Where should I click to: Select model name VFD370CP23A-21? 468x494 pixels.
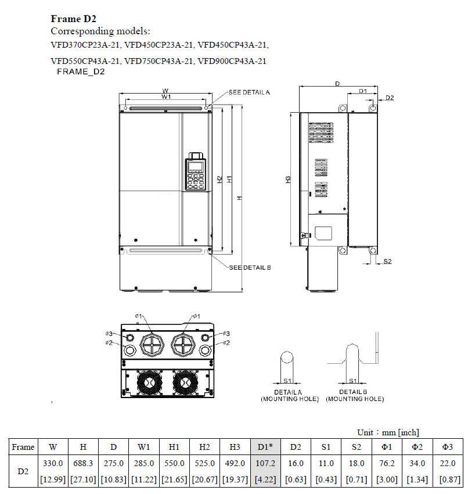(86, 44)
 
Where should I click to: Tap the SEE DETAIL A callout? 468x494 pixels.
(249, 92)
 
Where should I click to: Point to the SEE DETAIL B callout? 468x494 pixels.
(250, 267)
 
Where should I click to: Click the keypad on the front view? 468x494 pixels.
(196, 173)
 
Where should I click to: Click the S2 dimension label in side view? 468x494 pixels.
(387, 262)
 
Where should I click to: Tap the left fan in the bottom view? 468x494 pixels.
(149, 382)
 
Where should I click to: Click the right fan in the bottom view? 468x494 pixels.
(186, 382)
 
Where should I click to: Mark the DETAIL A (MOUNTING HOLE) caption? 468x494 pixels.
(289, 396)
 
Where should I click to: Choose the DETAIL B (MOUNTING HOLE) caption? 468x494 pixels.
(355, 396)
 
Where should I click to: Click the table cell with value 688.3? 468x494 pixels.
(84, 463)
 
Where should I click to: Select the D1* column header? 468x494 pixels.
(265, 447)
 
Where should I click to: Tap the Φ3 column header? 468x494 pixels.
(447, 447)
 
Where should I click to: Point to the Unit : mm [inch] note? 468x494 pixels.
(388, 432)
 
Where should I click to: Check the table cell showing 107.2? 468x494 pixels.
(265, 463)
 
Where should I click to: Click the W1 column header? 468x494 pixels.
(144, 447)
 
